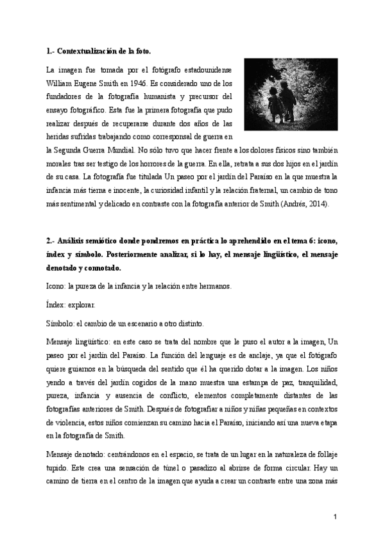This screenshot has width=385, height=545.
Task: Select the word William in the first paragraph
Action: [61, 83]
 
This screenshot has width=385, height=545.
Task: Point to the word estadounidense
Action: [207, 69]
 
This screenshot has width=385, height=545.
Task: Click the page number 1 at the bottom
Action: [336, 516]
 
